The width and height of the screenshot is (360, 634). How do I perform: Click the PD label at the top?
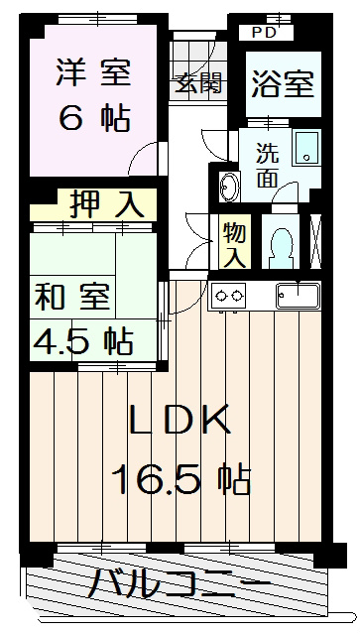tap(265, 32)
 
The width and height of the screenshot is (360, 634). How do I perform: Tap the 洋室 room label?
tap(91, 74)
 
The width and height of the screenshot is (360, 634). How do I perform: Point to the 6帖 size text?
tap(93, 119)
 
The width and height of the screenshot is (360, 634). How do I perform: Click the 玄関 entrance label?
tap(199, 83)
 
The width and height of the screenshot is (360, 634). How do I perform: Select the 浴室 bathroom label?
tap(281, 83)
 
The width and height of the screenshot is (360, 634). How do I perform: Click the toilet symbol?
tap(282, 244)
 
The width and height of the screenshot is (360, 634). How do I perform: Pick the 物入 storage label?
tap(234, 244)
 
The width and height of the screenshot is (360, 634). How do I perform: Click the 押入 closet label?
tap(107, 205)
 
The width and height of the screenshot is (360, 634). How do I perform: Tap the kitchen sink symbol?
tap(297, 294)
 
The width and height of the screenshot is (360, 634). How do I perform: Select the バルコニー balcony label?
tap(179, 585)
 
